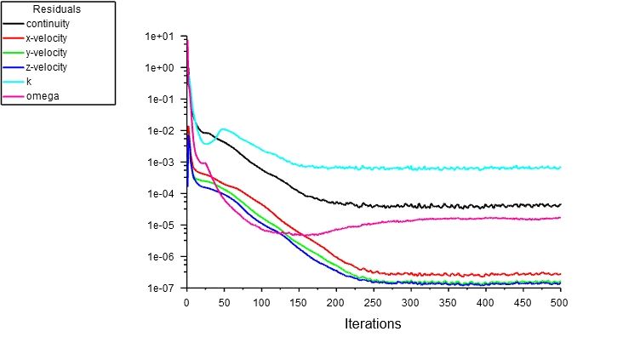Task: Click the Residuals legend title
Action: point(58,9)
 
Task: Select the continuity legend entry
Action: point(47,23)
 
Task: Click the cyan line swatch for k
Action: point(14,82)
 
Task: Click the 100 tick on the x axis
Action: point(261,302)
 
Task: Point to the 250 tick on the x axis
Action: point(374,302)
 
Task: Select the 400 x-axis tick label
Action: point(485,302)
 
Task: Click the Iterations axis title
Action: point(372,324)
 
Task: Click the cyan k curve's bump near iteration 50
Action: point(223,129)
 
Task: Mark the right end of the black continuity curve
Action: point(560,205)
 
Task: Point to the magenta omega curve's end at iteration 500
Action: point(560,218)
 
